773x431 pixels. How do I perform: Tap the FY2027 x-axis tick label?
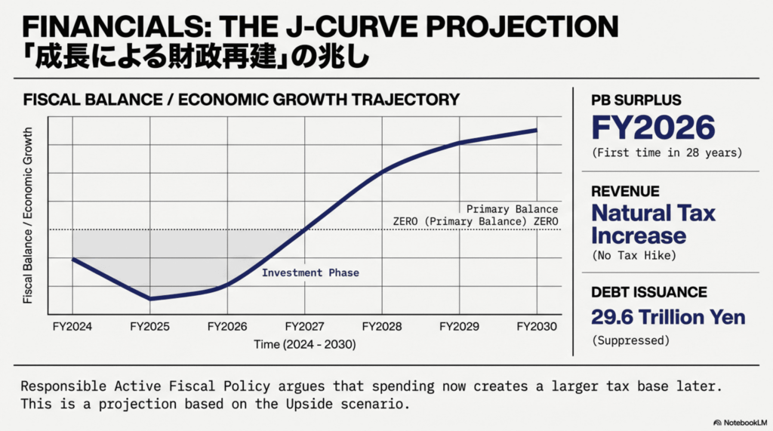pos(304,327)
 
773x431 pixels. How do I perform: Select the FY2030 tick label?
pos(536,327)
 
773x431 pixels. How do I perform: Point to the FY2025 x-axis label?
pos(149,327)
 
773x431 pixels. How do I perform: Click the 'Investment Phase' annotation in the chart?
pos(310,272)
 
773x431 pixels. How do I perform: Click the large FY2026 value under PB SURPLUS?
pos(653,128)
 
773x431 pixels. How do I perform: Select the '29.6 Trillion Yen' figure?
pos(668,317)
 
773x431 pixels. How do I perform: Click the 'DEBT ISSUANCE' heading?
pos(649,292)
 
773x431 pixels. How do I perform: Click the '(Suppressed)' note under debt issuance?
pos(631,340)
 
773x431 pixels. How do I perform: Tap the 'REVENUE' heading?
pos(625,192)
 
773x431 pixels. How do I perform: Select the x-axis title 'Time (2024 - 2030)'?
pos(304,344)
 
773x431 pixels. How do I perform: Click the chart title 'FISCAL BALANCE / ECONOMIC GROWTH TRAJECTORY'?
pos(242,100)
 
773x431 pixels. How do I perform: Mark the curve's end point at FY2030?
pos(536,130)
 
